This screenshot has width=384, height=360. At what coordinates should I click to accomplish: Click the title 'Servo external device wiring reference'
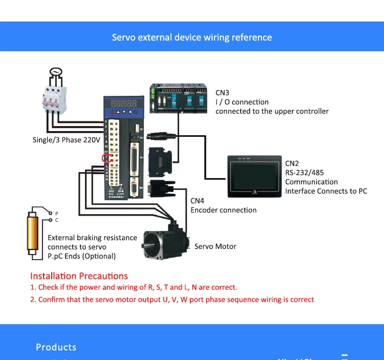(192, 37)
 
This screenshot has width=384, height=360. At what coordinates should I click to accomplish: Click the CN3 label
(222, 93)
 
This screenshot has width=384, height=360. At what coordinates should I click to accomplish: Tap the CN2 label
(292, 163)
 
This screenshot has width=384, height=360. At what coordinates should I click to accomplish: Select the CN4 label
(197, 201)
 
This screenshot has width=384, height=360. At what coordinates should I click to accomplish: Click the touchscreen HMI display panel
(254, 176)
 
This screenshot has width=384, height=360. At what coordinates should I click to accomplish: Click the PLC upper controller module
(178, 99)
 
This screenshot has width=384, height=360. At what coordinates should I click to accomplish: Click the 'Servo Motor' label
(215, 246)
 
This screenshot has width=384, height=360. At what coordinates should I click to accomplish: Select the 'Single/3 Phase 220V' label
(67, 140)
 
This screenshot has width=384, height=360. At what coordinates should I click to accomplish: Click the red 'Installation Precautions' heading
(79, 276)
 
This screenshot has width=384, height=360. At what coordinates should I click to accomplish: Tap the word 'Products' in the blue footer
(56, 347)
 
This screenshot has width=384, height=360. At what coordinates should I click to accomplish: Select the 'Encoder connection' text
(223, 210)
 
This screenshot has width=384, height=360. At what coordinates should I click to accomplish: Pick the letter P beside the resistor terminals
(57, 213)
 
